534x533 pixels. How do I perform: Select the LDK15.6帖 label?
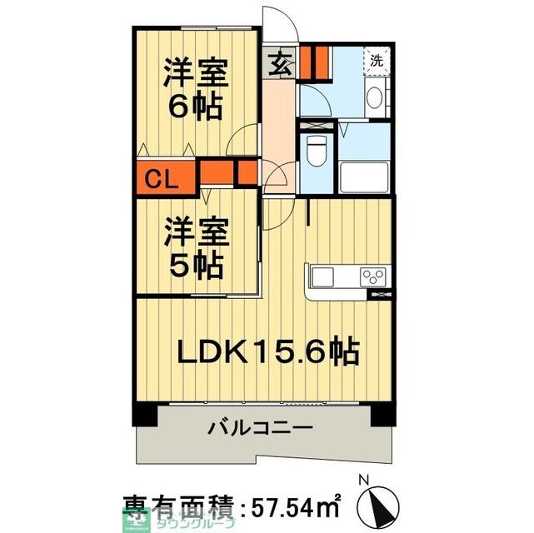click(267, 352)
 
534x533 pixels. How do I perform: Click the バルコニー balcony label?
click(259, 430)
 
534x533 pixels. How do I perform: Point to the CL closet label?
click(163, 178)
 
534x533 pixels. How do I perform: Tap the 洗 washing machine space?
click(377, 60)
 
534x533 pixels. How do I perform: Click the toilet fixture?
click(317, 149)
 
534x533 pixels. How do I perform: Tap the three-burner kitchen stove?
click(372, 276)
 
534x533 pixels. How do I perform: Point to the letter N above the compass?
click(362, 480)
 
